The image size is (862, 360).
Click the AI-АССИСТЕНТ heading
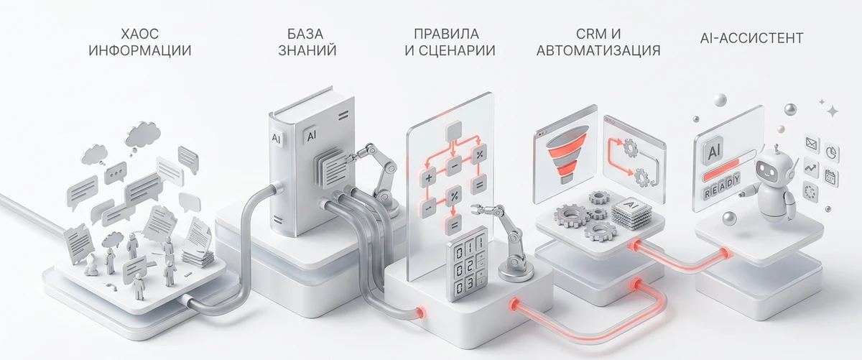tap(751, 37)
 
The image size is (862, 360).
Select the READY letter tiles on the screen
tap(722, 192)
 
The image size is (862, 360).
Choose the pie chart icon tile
tap(832, 153)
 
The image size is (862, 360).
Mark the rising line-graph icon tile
tap(811, 168)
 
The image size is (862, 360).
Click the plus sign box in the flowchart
tap(429, 176)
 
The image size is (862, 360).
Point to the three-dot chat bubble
tap(115, 172)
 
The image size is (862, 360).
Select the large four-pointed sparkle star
tap(833, 111)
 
